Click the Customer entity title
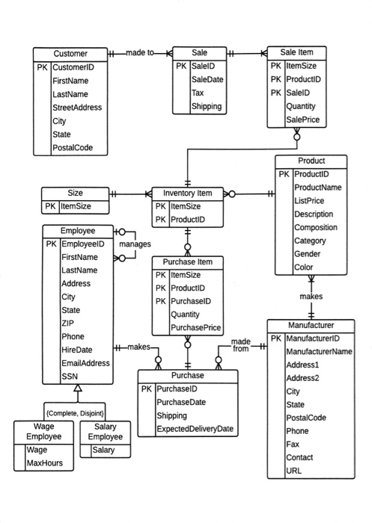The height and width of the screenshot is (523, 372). coord(70,54)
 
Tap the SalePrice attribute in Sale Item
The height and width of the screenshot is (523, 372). coord(303,120)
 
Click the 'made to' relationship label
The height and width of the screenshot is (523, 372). coord(140,53)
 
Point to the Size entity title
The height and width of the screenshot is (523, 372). coord(75,193)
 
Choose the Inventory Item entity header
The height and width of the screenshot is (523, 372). coord(188,193)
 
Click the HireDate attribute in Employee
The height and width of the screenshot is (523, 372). coord(76,350)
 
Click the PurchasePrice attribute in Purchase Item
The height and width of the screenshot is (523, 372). coord(196,328)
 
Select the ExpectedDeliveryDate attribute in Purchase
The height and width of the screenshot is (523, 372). coord(195,429)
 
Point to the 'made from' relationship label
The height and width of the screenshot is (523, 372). coord(240,345)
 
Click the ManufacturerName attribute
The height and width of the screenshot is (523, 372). coord(319,351)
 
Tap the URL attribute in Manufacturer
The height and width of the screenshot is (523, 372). coord(293,471)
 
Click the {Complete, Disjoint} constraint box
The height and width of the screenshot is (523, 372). coord(75,412)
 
